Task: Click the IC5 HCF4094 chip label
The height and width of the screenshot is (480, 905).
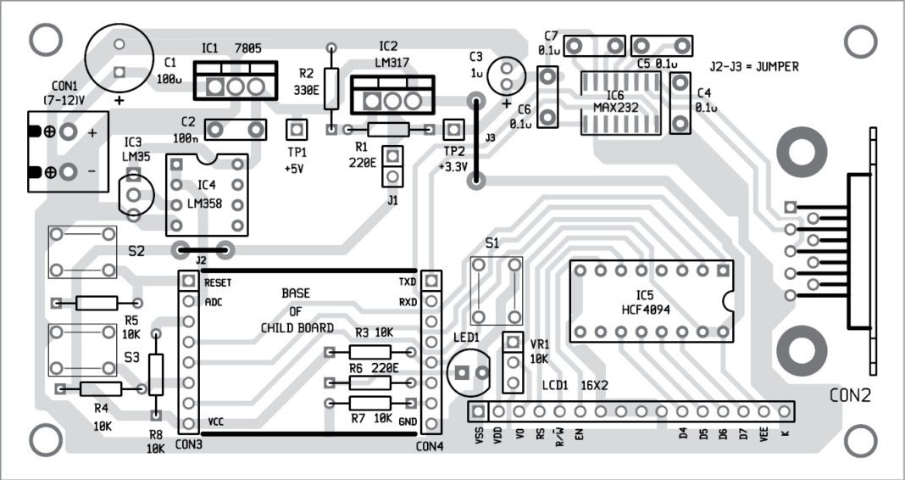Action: click(x=645, y=301)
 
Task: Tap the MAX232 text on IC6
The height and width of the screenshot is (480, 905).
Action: click(x=615, y=108)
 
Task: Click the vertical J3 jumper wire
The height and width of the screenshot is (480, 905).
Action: click(x=477, y=140)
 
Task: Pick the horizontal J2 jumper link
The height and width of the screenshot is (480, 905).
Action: click(x=203, y=249)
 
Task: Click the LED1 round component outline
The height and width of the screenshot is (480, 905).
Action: click(x=469, y=372)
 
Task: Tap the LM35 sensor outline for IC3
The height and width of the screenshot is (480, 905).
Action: click(x=134, y=194)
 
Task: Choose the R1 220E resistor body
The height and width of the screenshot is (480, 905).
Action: click(x=386, y=130)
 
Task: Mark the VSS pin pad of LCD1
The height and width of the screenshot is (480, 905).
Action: click(x=479, y=411)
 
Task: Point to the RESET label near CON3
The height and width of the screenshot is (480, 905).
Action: click(x=219, y=282)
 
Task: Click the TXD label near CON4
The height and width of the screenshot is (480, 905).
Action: click(x=408, y=282)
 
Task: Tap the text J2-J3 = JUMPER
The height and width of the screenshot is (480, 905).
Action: click(x=755, y=65)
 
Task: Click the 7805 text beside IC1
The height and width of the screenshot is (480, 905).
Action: click(x=247, y=48)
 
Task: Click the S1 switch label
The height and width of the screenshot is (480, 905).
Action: click(x=491, y=243)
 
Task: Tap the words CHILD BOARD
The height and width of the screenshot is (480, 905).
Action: click(x=296, y=327)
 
